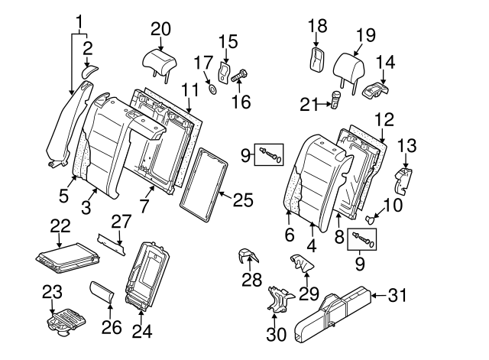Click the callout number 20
click(160, 28)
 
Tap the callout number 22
click(59, 225)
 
